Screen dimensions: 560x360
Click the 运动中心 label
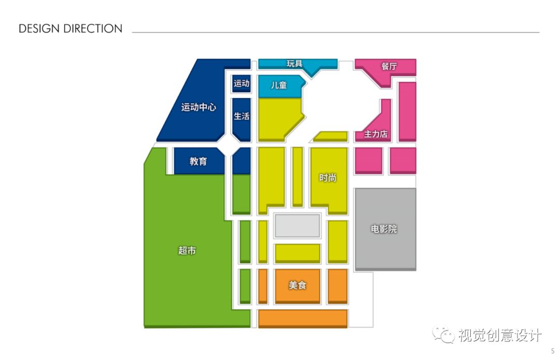[x=199, y=108]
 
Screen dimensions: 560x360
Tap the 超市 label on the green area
[x=187, y=251]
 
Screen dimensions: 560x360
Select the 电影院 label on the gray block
[x=384, y=229]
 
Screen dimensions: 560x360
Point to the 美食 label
[x=298, y=285]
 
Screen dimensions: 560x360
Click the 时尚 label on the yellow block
[x=328, y=178]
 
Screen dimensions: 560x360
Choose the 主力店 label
[x=375, y=134]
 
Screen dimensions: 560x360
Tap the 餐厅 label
[x=389, y=66]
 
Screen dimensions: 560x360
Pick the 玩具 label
[x=295, y=64]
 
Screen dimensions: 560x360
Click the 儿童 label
[x=279, y=85]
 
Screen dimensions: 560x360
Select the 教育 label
[x=198, y=161]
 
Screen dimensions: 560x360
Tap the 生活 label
[x=242, y=116]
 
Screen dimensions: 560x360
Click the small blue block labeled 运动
[x=242, y=83]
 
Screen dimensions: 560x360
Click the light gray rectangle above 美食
[x=297, y=226]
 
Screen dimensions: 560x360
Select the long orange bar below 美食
[x=303, y=318]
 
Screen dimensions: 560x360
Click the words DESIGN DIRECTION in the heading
[x=71, y=29]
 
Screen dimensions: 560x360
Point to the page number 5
[x=552, y=351]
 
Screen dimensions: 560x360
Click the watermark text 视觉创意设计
[x=499, y=336]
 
